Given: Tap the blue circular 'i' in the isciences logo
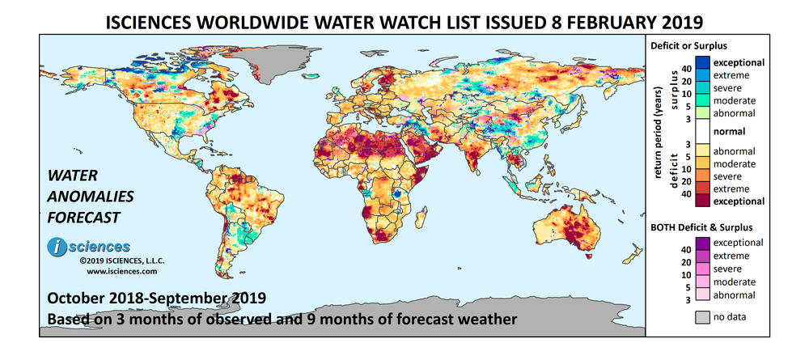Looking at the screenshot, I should [x=57, y=248].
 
